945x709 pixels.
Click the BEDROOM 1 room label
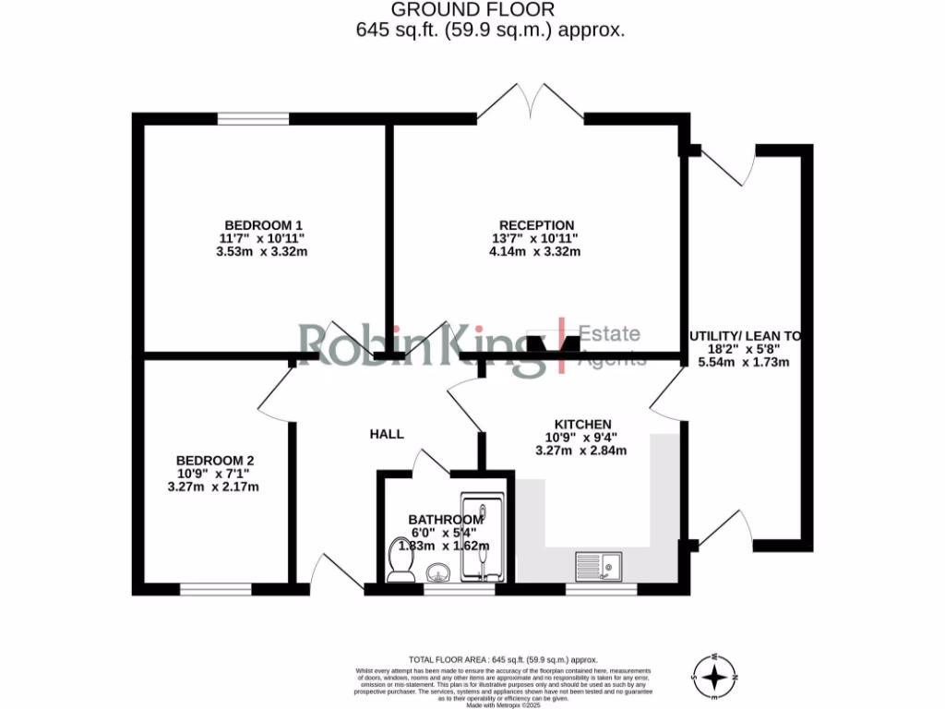[264, 225]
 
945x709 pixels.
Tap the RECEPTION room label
[537, 225]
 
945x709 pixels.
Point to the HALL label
[387, 434]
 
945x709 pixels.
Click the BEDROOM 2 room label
[215, 461]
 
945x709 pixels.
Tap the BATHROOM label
[447, 520]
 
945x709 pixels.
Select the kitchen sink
[599, 564]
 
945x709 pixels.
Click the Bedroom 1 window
[254, 118]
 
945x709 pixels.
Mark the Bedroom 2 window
[216, 588]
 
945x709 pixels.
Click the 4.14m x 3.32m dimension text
[537, 252]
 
